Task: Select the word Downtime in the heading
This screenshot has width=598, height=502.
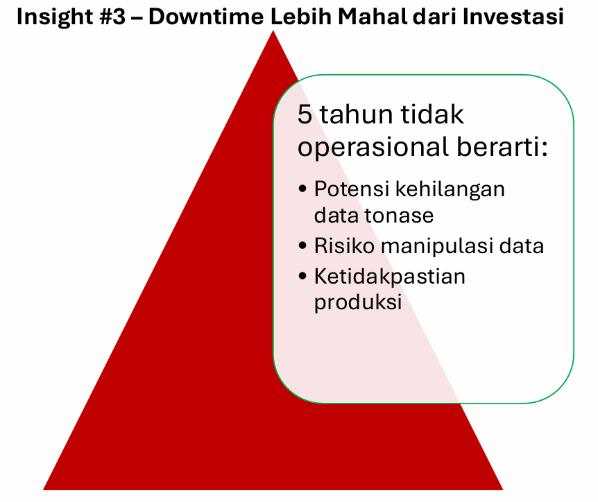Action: pyautogui.click(x=206, y=17)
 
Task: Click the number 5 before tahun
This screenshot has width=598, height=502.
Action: pyautogui.click(x=305, y=114)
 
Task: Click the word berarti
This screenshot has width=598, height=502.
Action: pyautogui.click(x=502, y=146)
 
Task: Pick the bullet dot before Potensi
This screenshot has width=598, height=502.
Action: pyautogui.click(x=302, y=189)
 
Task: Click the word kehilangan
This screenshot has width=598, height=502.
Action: pyautogui.click(x=450, y=189)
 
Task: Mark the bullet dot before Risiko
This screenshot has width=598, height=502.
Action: pyautogui.click(x=302, y=245)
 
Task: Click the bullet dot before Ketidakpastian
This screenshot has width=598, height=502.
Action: pyautogui.click(x=302, y=275)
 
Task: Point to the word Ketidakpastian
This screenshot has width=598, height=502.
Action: pyautogui.click(x=390, y=277)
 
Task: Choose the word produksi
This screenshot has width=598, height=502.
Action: pyautogui.click(x=358, y=302)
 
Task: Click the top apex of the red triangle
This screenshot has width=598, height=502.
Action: pyautogui.click(x=273, y=31)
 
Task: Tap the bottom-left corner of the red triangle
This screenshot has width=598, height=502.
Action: pyautogui.click(x=43, y=490)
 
